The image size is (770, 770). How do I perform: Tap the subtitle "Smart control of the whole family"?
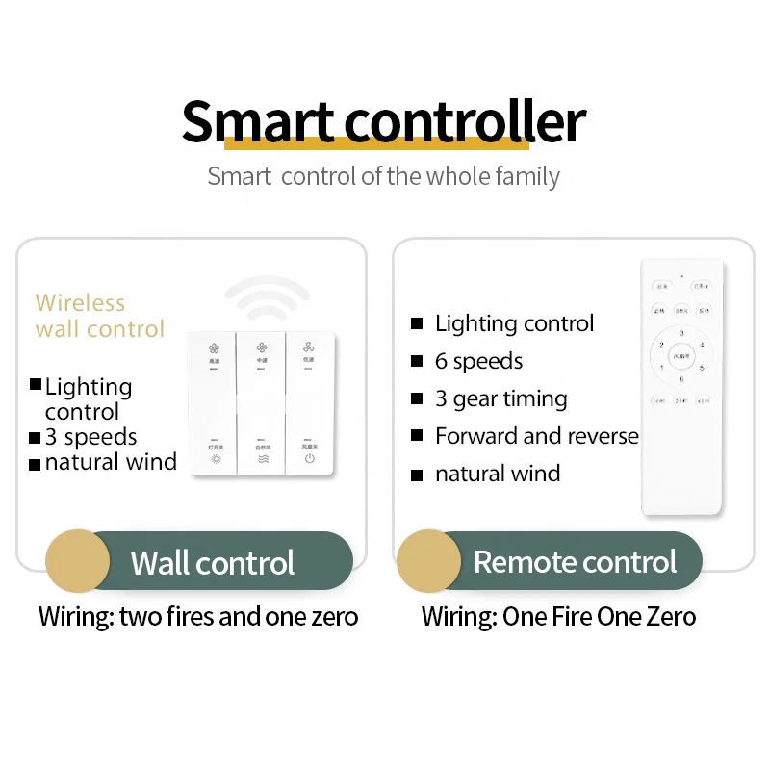coord(383,177)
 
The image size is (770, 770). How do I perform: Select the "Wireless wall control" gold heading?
coord(100,316)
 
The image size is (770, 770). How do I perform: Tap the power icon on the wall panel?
coord(309,459)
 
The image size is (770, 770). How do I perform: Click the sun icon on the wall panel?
coord(215,459)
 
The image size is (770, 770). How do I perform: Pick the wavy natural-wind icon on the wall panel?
coord(262,459)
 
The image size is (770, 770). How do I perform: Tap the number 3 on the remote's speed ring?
coord(681,333)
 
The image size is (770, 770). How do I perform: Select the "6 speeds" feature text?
coord(478,361)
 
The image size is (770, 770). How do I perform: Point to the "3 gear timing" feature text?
coord(500,398)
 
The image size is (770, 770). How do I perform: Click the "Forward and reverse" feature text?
coord(536,436)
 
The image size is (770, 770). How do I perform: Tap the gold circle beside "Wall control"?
coord(78,561)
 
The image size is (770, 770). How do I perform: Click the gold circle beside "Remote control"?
coord(428,561)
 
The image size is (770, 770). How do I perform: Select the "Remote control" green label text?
coord(575,562)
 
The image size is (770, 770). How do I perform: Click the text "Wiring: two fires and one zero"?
coord(198,616)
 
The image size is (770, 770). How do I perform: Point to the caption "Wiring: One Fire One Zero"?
coord(558,616)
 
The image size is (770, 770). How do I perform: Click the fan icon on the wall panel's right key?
coord(309,346)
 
